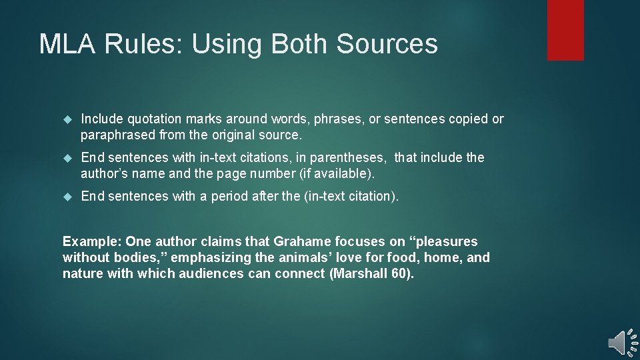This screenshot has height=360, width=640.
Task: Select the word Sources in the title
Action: [387, 44]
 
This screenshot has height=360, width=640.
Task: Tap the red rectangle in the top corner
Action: [565, 30]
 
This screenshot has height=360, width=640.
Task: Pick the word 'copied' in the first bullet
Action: [467, 119]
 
